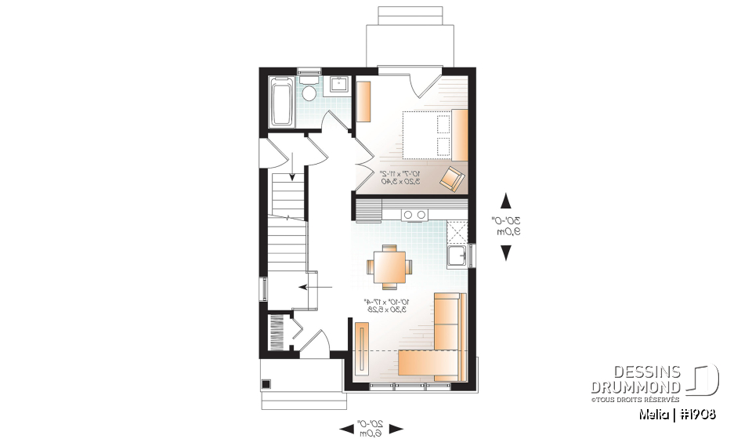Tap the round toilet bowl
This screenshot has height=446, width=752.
coord(309,92)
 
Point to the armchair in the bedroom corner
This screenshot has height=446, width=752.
coord(452,178)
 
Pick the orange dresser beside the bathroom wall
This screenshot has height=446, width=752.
coord(364,100)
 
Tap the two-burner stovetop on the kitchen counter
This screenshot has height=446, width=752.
coord(415,214)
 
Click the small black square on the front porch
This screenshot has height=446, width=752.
coord(266,384)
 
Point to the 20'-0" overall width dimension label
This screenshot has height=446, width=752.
coord(371,428)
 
